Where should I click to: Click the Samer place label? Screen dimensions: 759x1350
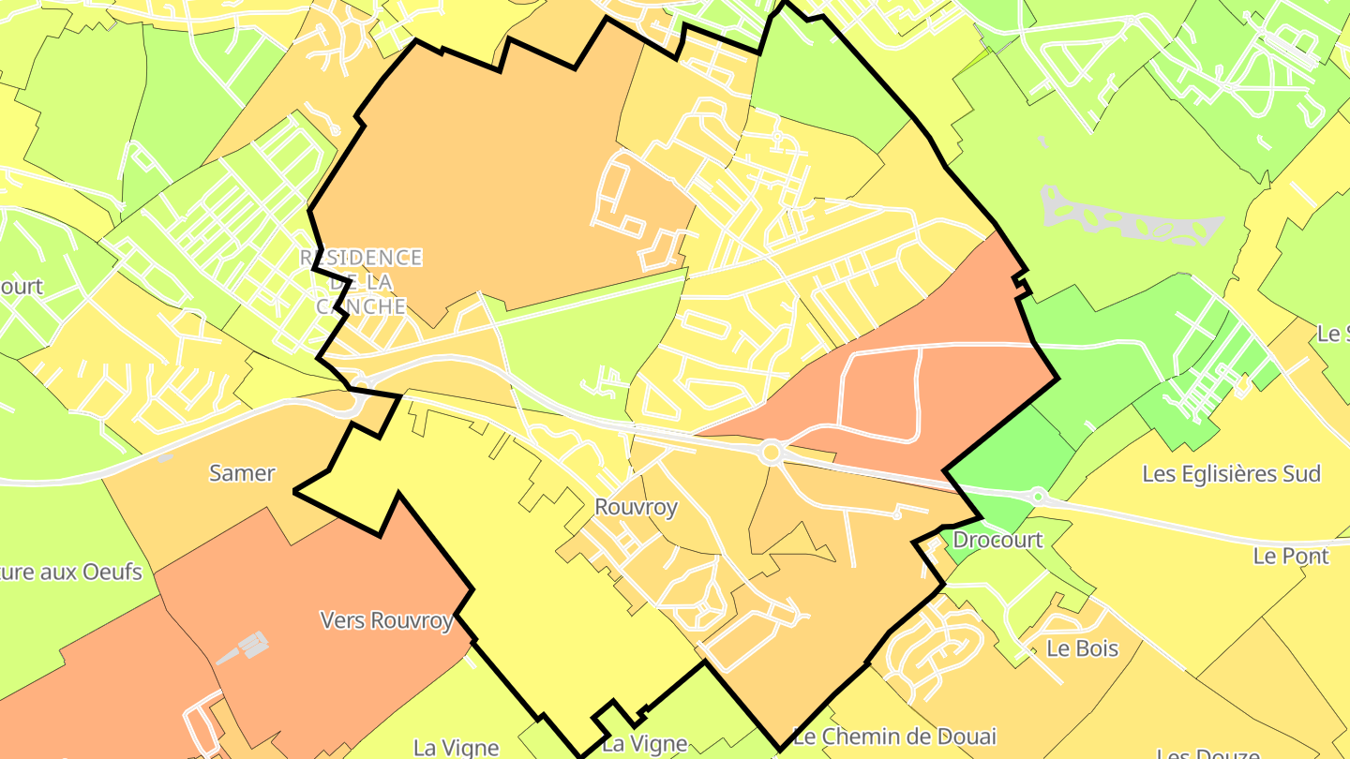(242, 473)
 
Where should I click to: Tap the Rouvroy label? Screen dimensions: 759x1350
(636, 507)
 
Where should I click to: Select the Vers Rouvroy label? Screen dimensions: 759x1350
(386, 620)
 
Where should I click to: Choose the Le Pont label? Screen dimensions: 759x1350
(1291, 556)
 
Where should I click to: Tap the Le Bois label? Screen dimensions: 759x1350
(1083, 647)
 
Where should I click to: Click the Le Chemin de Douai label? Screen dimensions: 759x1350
(894, 736)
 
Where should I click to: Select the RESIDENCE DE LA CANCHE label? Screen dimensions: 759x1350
(362, 281)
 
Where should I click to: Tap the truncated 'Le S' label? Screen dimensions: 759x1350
(1332, 334)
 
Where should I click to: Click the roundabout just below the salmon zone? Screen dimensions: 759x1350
(772, 453)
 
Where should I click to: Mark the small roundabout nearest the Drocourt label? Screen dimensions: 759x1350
(1038, 495)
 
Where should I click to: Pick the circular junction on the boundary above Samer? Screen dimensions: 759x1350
(359, 400)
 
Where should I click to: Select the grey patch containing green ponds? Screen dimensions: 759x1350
(1131, 220)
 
